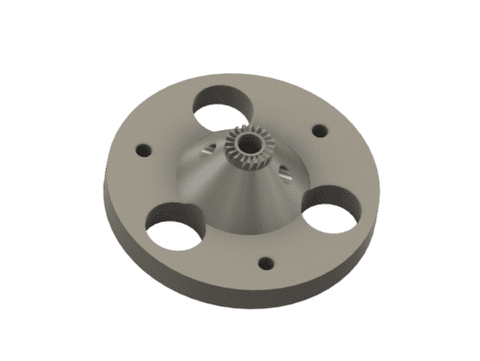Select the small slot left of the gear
[x=208, y=151]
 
